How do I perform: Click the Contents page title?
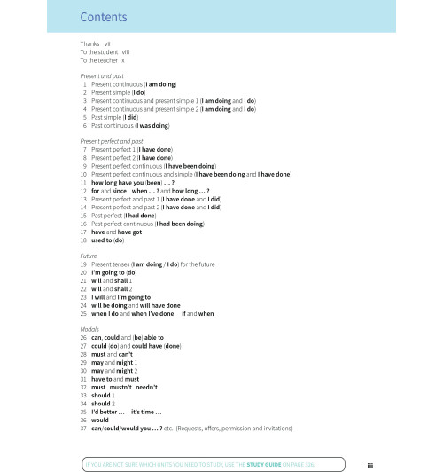[102, 17]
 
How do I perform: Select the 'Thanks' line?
[94, 43]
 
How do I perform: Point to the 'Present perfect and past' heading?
[112, 141]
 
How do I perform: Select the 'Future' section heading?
[89, 256]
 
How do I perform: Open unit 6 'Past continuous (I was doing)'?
[130, 125]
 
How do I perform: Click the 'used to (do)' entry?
[107, 240]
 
